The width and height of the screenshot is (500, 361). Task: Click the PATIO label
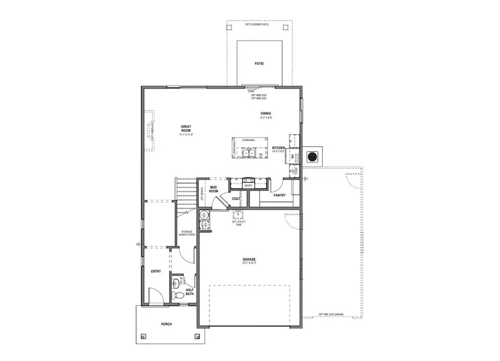click(259, 63)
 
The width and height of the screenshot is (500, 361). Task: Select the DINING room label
click(266, 113)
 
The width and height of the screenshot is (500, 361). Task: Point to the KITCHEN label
click(278, 149)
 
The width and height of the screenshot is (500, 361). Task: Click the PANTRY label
click(280, 195)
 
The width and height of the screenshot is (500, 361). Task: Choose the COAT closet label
click(236, 198)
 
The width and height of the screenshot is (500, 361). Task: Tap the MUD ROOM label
click(213, 190)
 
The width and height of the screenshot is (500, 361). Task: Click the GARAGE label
click(248, 259)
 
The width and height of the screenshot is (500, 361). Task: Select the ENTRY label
click(156, 271)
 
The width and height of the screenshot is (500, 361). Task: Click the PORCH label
click(166, 324)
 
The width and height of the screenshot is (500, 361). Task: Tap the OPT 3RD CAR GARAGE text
click(331, 314)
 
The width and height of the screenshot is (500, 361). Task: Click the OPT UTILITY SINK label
click(239, 223)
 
